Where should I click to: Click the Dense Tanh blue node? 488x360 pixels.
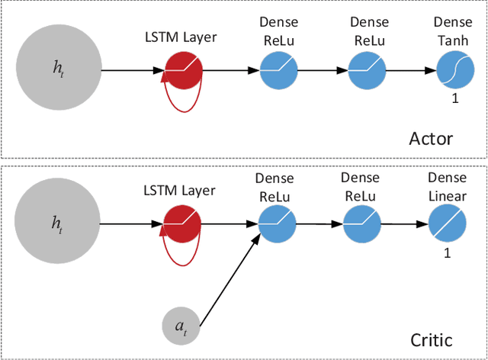[x=453, y=71]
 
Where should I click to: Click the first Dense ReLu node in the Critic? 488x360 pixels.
[x=275, y=223]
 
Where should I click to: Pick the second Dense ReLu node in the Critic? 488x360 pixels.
[x=360, y=223]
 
